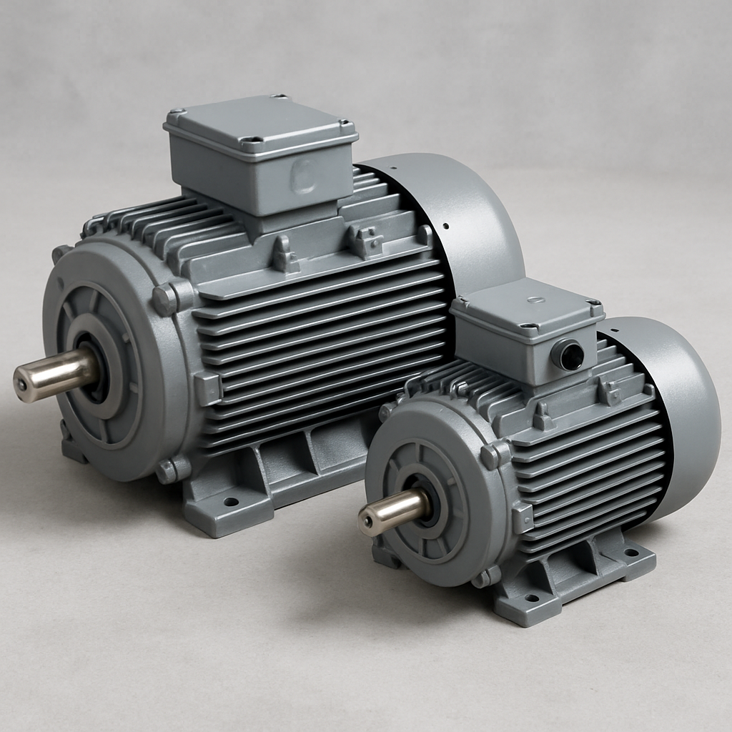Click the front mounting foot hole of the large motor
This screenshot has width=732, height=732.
230,502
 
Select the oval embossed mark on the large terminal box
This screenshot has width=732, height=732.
304,174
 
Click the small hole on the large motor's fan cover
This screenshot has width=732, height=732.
446,227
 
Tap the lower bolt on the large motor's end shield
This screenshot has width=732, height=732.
168,470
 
